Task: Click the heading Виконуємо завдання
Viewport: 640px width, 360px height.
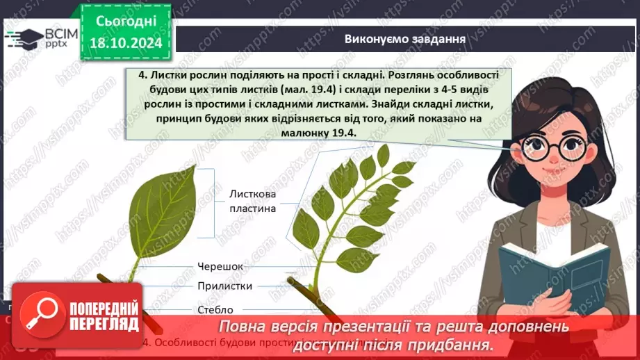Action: [x=404, y=38]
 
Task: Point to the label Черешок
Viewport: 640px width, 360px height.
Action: [x=221, y=265]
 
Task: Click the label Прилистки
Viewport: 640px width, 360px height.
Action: [x=224, y=286]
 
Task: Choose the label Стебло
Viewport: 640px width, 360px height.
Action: [x=215, y=309]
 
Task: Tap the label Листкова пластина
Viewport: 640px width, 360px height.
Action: [x=253, y=202]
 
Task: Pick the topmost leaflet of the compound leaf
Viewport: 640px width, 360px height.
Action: [x=382, y=154]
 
